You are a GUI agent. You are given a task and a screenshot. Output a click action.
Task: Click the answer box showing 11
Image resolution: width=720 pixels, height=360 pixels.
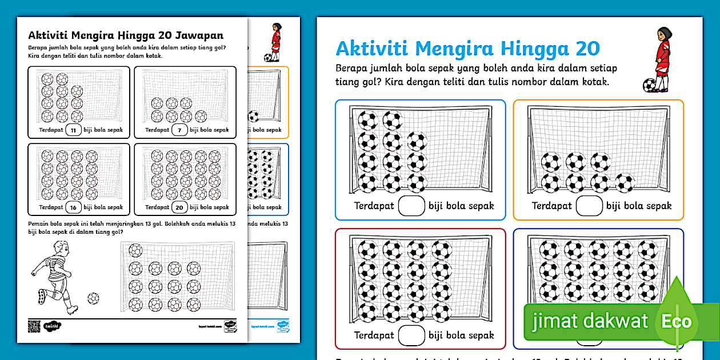(73, 130)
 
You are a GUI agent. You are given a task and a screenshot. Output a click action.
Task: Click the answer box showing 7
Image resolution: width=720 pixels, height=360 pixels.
(179, 130)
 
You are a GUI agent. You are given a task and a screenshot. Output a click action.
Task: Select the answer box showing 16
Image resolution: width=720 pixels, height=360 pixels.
(73, 207)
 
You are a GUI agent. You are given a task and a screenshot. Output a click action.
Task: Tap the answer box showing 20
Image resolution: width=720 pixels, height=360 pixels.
(179, 207)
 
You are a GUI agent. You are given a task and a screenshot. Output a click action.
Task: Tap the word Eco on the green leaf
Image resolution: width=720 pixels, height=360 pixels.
(677, 321)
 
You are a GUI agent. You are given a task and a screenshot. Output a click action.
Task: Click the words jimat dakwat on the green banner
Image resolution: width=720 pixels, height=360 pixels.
(590, 321)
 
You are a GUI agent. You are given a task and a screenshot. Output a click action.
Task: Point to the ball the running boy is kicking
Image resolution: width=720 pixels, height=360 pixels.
(93, 298)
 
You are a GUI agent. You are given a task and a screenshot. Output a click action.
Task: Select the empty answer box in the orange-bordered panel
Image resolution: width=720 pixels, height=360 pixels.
(589, 206)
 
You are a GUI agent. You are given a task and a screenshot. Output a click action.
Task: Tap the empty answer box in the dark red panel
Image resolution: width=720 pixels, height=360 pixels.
(411, 335)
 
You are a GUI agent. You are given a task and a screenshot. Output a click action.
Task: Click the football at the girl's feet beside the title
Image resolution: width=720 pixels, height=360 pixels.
(649, 85)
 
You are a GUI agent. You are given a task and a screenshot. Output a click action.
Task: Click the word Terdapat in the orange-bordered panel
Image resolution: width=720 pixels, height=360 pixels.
(551, 206)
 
